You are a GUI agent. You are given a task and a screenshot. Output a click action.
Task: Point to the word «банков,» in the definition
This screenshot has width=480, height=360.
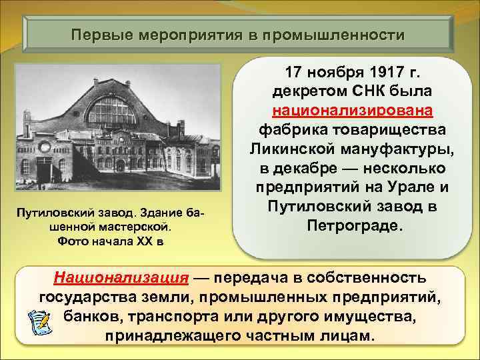pyautogui.click(x=92, y=315)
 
